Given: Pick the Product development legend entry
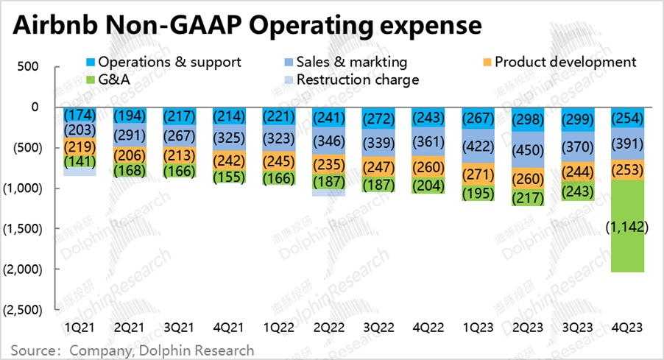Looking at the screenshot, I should click(558, 62).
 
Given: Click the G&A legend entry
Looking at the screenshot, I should click(107, 79).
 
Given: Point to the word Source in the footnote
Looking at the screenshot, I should click(35, 350).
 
